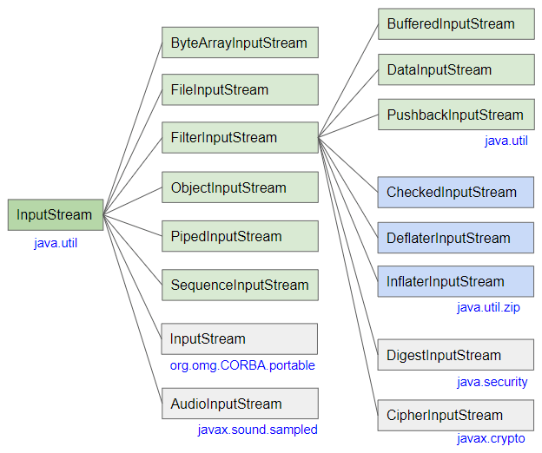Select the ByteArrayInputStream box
(239, 43)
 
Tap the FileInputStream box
(239, 89)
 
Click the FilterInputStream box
(239, 137)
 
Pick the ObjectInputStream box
(239, 187)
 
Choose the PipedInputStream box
(239, 236)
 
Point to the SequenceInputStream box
(239, 285)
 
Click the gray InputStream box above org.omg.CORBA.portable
(239, 338)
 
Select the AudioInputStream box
(239, 404)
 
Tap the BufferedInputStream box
(455, 23)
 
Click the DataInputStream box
(455, 69)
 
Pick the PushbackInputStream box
(455, 115)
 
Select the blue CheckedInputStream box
(455, 192)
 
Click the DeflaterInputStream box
(455, 238)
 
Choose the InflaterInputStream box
(455, 281)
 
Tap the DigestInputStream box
(455, 355)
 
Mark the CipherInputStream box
(455, 415)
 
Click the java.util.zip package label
(488, 307)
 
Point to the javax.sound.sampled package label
(257, 430)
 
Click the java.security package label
(492, 382)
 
